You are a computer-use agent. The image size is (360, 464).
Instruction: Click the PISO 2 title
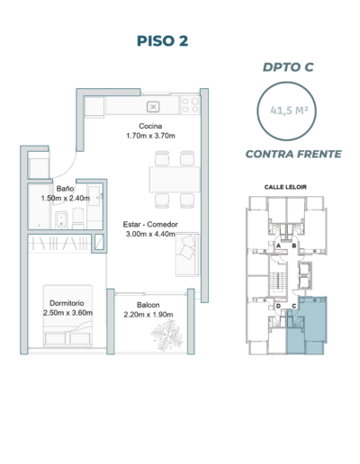(162, 40)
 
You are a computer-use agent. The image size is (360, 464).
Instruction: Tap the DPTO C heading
(288, 67)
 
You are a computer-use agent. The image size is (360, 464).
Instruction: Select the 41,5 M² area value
(289, 111)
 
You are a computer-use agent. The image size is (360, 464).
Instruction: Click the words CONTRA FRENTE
(293, 154)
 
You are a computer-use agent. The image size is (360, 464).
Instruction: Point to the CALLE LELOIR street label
(285, 187)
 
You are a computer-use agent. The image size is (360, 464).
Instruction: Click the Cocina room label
(150, 126)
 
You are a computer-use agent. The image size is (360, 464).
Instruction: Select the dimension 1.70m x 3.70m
(150, 136)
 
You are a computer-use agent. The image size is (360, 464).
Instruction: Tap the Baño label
(65, 189)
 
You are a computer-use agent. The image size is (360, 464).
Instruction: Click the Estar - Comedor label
(150, 224)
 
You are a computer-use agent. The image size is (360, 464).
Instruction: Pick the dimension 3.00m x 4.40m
(150, 234)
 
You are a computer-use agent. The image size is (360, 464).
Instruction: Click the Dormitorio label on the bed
(67, 303)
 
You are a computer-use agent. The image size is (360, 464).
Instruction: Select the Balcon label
(148, 305)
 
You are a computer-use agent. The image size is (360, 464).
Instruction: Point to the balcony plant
(167, 335)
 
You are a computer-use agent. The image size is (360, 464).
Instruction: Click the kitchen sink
(153, 107)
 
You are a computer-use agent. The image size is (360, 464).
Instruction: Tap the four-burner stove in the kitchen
(190, 105)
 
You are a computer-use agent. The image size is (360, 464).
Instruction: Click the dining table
(175, 179)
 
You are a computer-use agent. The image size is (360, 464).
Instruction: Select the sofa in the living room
(187, 254)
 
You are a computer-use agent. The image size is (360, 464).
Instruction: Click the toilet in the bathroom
(78, 219)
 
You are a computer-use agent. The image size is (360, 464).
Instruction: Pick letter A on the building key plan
(278, 245)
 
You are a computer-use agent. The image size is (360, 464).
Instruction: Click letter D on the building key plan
(278, 306)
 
